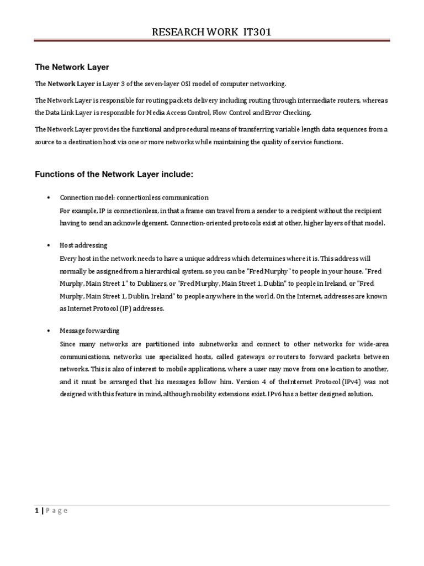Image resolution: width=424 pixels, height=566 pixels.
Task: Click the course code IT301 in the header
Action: [x=256, y=33]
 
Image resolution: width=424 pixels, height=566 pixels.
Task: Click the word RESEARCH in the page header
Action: [x=177, y=33]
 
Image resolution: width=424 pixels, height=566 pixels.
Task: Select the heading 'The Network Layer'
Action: [x=72, y=67]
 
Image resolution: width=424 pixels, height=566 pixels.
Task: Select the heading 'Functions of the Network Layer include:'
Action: [x=114, y=175]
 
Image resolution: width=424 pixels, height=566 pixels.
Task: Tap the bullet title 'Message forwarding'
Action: [x=89, y=331]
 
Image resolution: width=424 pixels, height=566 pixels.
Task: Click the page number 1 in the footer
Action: [x=36, y=511]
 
